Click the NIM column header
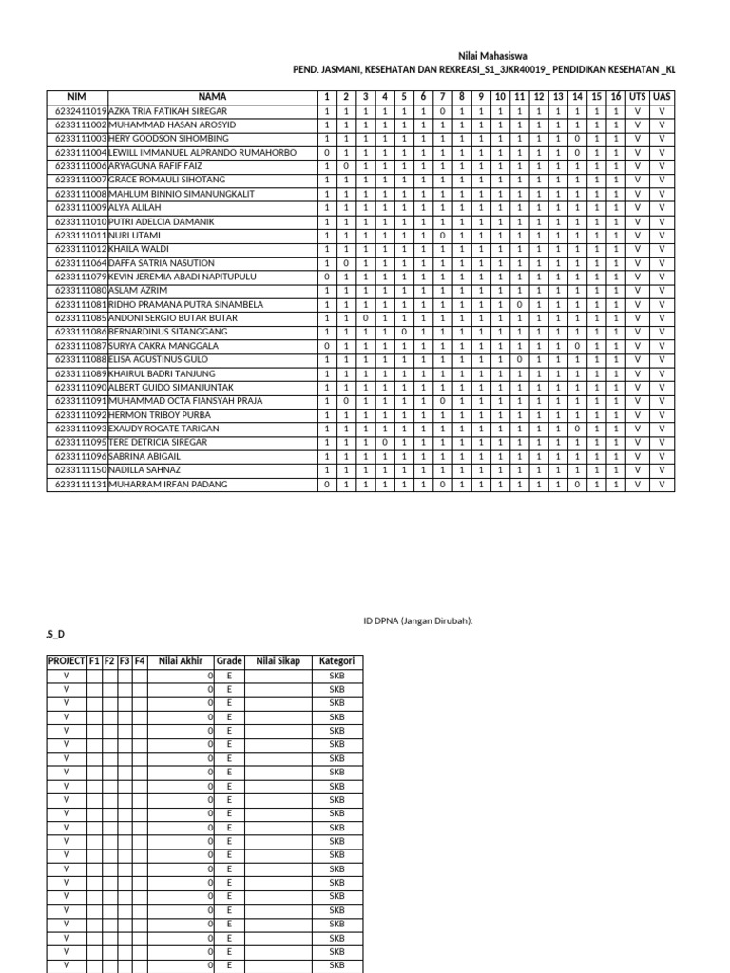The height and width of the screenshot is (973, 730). click(77, 97)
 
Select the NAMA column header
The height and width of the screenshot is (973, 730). click(212, 97)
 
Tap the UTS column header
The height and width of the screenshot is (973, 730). click(637, 97)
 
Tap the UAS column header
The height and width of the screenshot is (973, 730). click(663, 97)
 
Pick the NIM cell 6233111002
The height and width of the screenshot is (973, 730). click(80, 125)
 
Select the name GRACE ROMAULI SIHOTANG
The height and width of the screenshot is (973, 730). click(166, 181)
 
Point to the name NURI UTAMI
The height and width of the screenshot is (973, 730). click(135, 236)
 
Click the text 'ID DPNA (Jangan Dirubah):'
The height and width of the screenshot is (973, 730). click(418, 620)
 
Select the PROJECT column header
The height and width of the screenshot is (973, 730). click(66, 661)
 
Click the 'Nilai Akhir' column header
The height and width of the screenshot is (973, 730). click(180, 661)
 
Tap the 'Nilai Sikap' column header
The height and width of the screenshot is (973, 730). click(278, 661)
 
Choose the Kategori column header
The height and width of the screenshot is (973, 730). click(336, 661)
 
